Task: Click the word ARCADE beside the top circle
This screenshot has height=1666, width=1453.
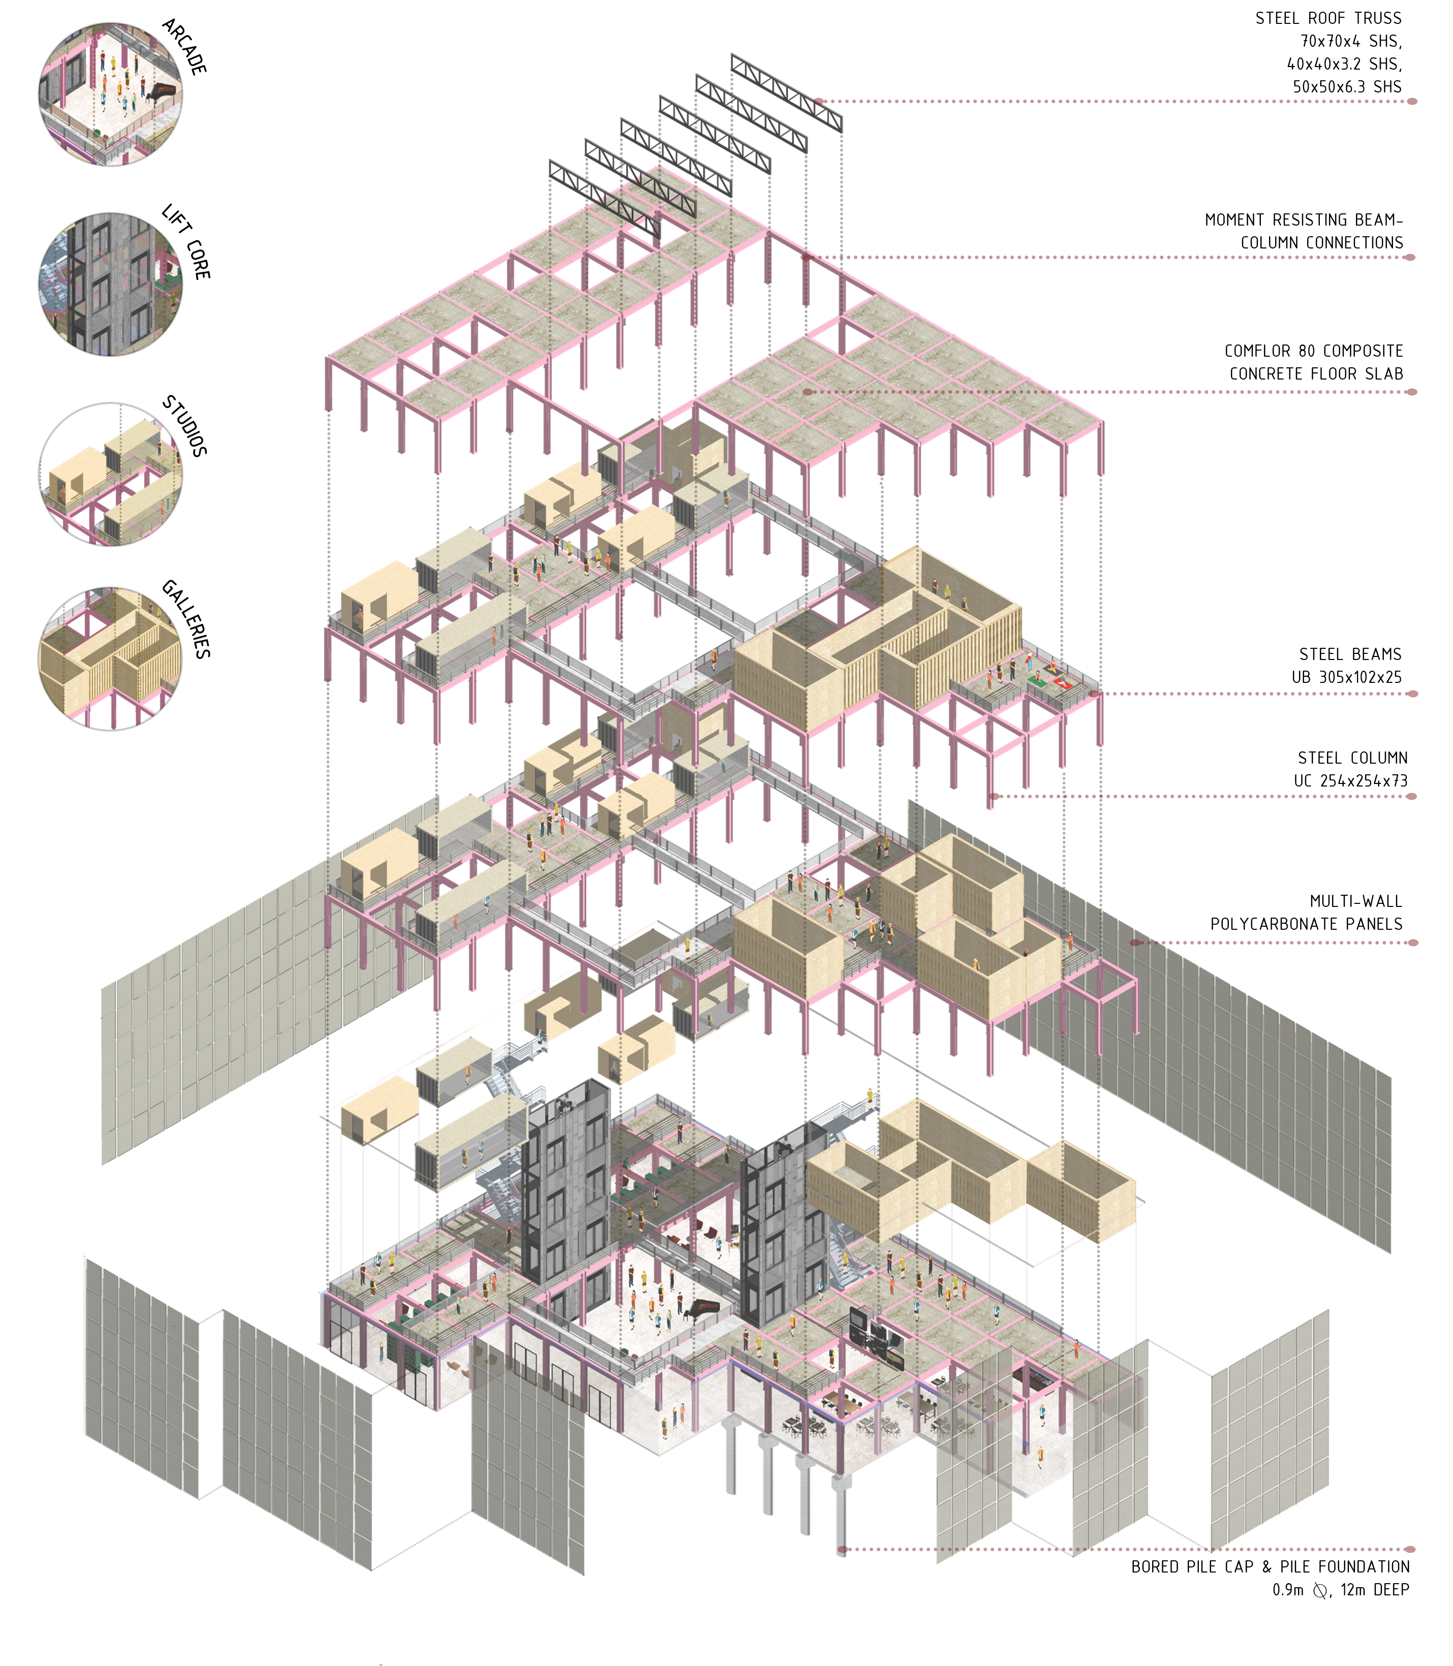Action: click(x=185, y=47)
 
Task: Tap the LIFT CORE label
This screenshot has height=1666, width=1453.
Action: click(x=187, y=241)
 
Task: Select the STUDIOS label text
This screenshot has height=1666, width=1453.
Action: click(x=185, y=426)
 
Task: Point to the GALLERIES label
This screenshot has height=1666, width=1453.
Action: click(x=187, y=618)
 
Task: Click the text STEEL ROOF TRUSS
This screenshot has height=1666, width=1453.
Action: click(x=1328, y=18)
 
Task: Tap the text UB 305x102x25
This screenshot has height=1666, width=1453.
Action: click(x=1347, y=677)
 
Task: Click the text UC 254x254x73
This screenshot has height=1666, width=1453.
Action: click(x=1351, y=781)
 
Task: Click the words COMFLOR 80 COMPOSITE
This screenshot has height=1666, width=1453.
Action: click(x=1314, y=351)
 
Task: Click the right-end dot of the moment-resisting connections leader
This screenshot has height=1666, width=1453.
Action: click(x=1410, y=257)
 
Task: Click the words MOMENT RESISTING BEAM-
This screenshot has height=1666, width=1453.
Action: click(x=1304, y=219)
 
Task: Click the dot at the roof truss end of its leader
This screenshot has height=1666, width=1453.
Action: click(x=819, y=101)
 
